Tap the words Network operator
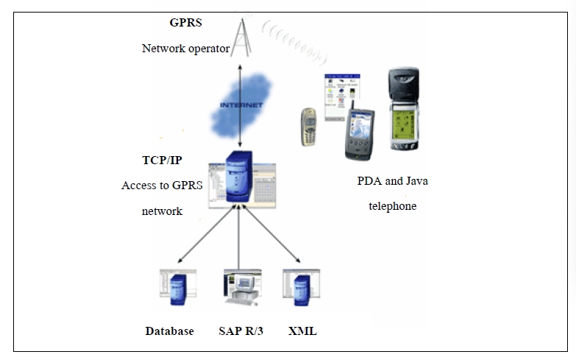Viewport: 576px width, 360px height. pyautogui.click(x=186, y=49)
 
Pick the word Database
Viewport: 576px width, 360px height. pyautogui.click(x=169, y=331)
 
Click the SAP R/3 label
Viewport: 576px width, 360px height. pyautogui.click(x=241, y=331)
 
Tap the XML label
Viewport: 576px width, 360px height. pyautogui.click(x=302, y=331)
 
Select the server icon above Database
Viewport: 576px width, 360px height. pyautogui.click(x=177, y=286)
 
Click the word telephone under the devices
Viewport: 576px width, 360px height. pyautogui.click(x=391, y=206)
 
